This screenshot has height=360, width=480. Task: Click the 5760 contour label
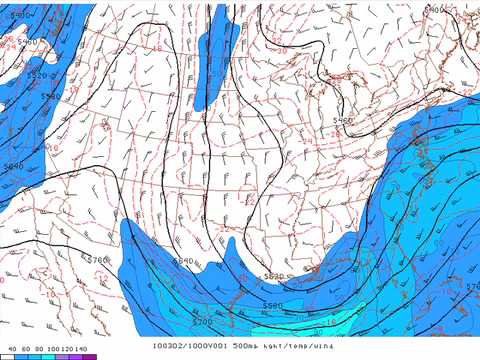click(98, 259)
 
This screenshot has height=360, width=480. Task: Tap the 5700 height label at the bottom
click(203, 321)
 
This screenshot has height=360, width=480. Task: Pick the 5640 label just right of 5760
click(183, 261)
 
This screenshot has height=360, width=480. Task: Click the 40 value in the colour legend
click(11, 347)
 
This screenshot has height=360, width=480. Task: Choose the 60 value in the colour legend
click(25, 347)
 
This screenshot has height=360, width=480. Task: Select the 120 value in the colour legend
click(66, 347)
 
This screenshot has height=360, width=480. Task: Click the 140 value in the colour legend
click(80, 347)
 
